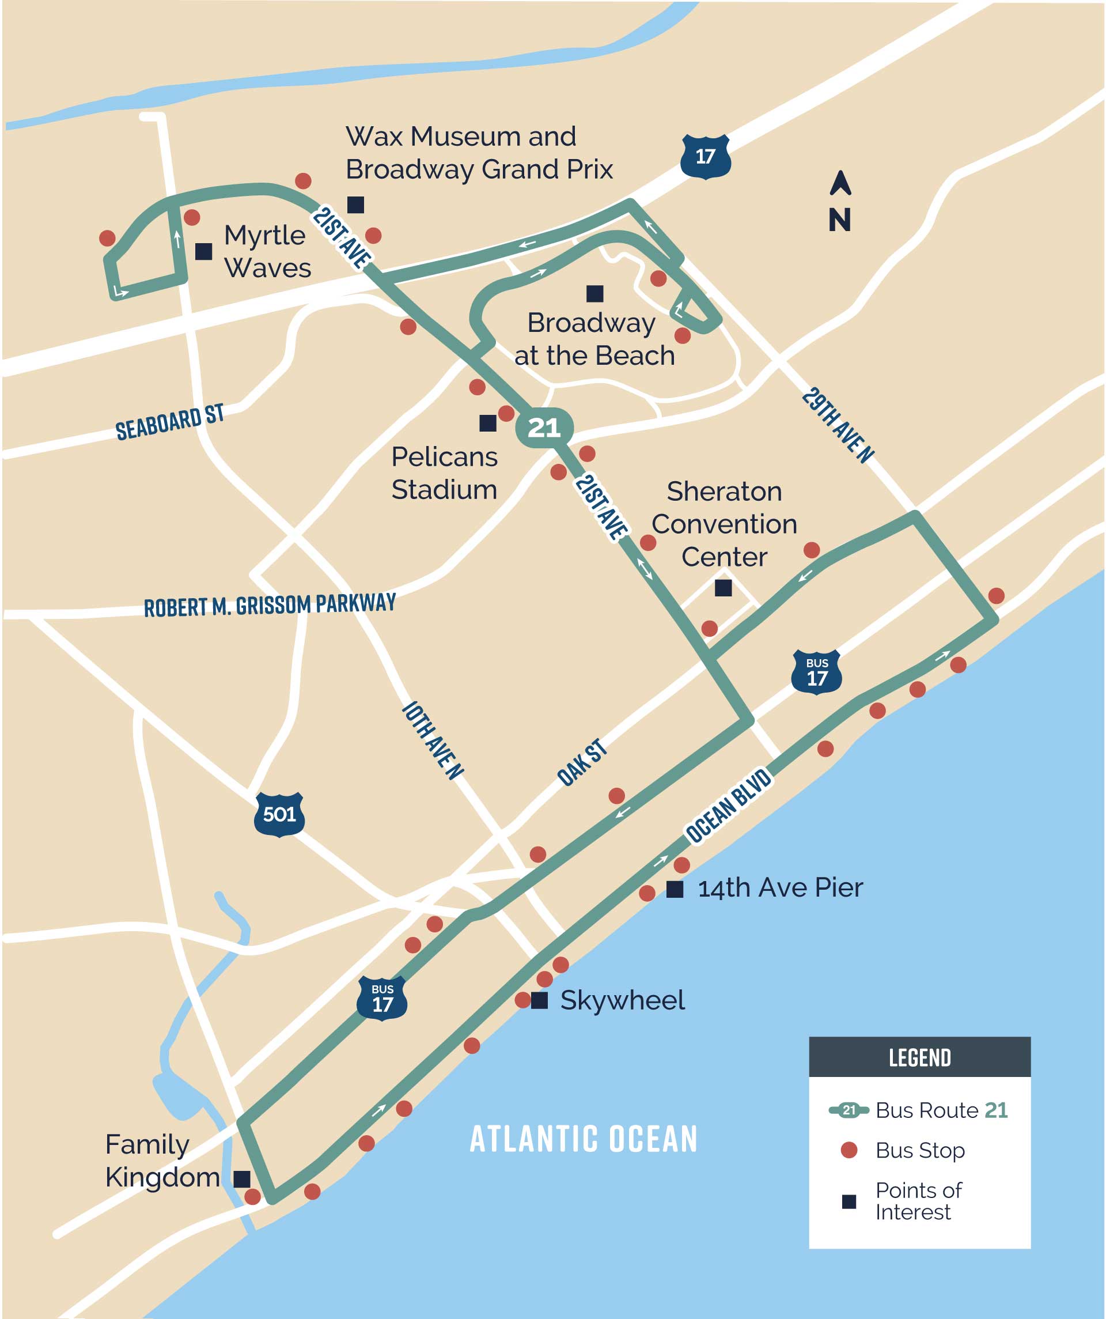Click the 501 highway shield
[279, 814]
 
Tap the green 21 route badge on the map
[544, 428]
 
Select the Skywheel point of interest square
[539, 1000]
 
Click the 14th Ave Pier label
[780, 888]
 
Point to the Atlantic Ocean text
[584, 1139]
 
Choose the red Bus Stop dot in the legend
[849, 1150]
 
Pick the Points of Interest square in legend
[849, 1201]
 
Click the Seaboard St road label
[169, 421]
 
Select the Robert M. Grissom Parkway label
[270, 605]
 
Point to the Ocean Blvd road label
[728, 805]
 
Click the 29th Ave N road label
[837, 425]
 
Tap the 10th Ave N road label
[432, 740]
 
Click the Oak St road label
[582, 762]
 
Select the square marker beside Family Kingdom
[242, 1179]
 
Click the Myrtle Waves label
[267, 251]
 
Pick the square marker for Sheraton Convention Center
[723, 588]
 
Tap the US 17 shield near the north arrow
[705, 156]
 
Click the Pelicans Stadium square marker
[487, 424]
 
